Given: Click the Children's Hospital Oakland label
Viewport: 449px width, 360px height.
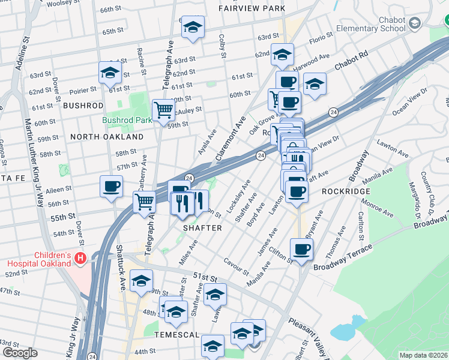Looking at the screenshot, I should [x=40, y=259].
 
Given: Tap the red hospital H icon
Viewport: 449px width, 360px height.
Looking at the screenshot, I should [x=82, y=259].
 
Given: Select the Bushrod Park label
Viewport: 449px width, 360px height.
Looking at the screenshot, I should [x=127, y=120].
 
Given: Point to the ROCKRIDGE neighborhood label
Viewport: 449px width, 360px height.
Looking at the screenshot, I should [x=344, y=191].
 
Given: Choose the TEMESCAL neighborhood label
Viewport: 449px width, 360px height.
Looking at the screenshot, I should [x=177, y=334].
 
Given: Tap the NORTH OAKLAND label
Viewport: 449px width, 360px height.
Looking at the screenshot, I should [x=107, y=137].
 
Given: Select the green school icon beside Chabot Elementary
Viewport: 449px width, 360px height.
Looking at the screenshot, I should [x=414, y=23].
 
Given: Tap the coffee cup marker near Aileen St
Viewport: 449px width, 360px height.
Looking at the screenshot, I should [x=110, y=186].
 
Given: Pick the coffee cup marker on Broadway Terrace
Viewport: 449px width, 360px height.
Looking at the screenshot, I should [x=301, y=248].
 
